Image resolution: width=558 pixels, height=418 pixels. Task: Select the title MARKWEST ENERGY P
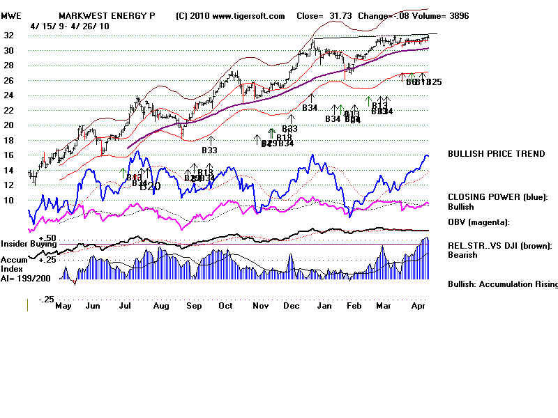click(x=107, y=15)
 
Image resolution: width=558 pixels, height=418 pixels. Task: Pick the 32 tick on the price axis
click(x=11, y=35)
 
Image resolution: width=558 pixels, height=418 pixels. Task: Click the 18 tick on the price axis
click(x=11, y=140)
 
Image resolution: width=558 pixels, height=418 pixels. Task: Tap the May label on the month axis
click(x=63, y=305)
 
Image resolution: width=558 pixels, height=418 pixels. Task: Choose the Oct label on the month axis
click(x=225, y=305)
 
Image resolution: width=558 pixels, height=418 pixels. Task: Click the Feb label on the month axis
click(x=355, y=305)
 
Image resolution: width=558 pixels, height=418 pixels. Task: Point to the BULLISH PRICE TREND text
click(x=497, y=154)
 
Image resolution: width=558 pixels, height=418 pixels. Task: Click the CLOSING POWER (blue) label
click(x=498, y=197)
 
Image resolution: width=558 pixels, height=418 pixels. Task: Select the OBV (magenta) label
click(x=478, y=222)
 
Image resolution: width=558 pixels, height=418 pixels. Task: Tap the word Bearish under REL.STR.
click(x=462, y=255)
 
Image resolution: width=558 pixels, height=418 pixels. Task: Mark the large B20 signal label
click(x=150, y=187)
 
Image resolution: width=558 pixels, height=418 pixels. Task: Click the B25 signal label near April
click(x=434, y=82)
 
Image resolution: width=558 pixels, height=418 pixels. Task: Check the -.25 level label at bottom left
click(x=46, y=299)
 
